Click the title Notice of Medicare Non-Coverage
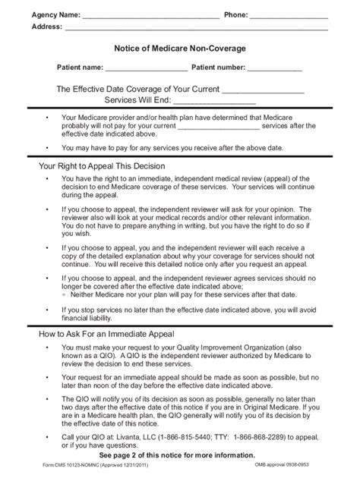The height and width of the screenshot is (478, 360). [180, 49]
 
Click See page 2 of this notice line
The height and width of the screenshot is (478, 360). [180, 455]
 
